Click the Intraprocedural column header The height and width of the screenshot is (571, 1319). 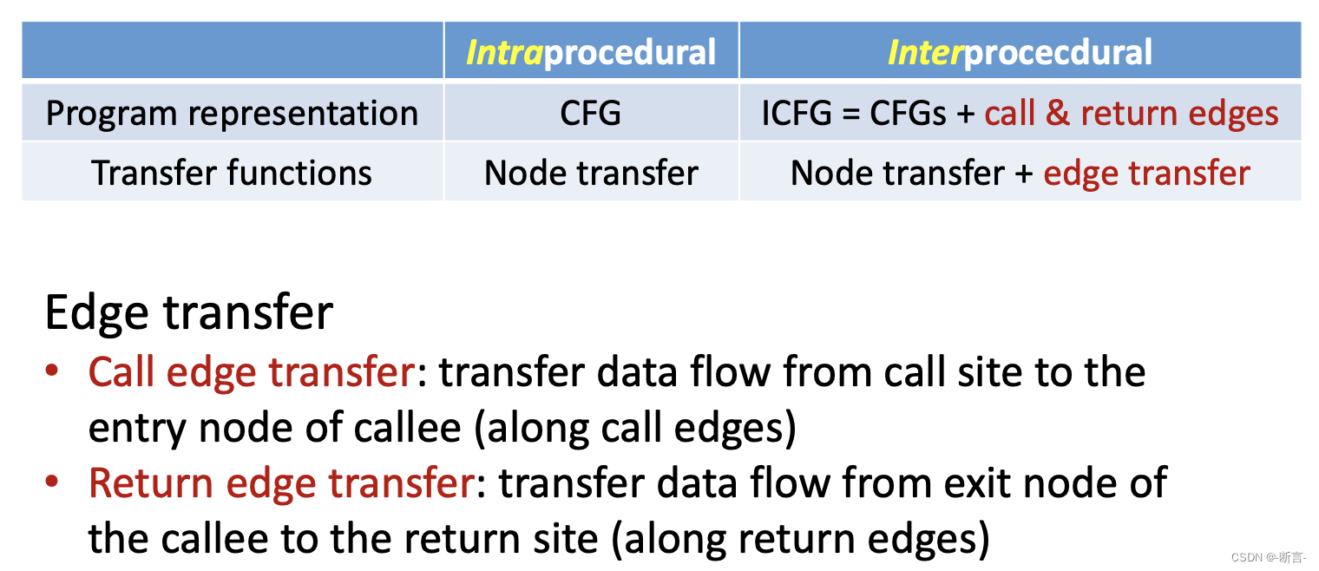point(591,52)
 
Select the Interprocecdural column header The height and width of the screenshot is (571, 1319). point(1020,52)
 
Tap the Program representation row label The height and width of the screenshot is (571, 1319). point(232,114)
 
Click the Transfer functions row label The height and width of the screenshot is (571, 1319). point(232,173)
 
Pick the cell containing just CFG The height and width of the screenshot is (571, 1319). point(591,114)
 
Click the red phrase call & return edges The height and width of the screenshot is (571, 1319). point(1131,114)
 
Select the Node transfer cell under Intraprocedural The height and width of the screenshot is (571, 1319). point(591,173)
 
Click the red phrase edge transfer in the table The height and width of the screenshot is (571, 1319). point(1145,173)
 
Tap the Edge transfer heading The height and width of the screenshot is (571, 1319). point(188,312)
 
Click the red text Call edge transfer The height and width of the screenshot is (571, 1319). point(252,372)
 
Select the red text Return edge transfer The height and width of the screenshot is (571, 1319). point(281,483)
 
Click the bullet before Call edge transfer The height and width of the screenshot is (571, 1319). point(53,371)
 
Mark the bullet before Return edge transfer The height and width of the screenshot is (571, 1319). point(53,482)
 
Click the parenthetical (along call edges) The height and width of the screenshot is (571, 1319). point(635,429)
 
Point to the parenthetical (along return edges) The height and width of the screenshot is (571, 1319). point(801,539)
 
